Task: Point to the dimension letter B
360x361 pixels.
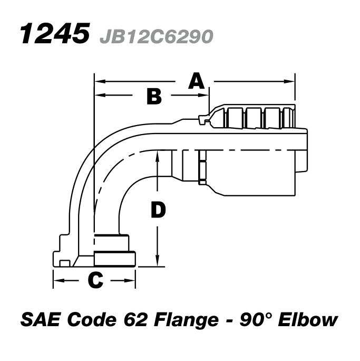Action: (x=154, y=96)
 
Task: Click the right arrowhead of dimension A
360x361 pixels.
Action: (x=291, y=81)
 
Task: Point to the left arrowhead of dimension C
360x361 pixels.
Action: (x=57, y=280)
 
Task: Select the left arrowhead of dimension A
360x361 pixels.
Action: (x=98, y=81)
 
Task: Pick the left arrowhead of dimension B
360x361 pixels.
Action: (x=98, y=96)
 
